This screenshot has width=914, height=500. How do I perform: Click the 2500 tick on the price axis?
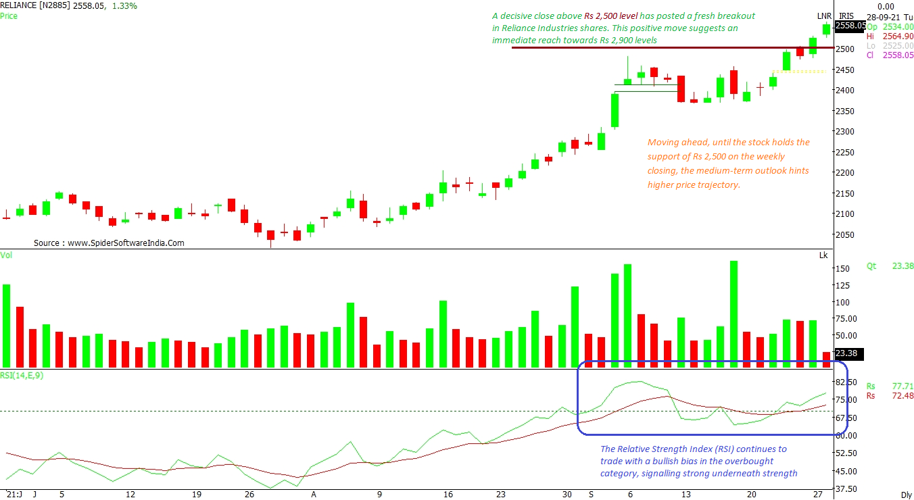[x=846, y=49]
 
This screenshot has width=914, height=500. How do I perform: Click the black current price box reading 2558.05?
[x=848, y=26]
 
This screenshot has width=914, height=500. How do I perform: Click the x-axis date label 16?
[x=448, y=495]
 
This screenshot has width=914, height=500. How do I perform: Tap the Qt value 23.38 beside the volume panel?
[x=903, y=266]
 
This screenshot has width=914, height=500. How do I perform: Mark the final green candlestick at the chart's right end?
[x=826, y=29]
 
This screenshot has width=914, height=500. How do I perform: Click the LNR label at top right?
[x=824, y=16]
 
